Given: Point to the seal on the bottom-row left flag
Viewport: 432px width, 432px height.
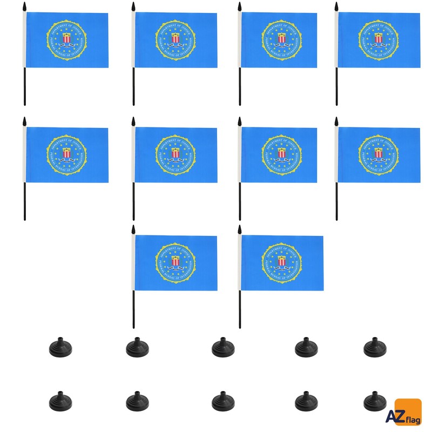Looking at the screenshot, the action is (175, 262).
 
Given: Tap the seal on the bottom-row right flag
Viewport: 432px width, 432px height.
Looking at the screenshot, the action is (281, 262).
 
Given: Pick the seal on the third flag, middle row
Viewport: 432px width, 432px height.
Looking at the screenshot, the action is (281, 154).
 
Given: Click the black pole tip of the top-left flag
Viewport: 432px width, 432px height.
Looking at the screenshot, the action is (24, 6).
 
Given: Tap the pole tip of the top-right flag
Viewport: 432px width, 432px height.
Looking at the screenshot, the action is (336, 6).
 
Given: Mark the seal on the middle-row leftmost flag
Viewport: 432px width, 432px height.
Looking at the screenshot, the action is (66, 154).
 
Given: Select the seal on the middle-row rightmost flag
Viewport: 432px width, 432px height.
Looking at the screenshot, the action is (379, 154).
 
